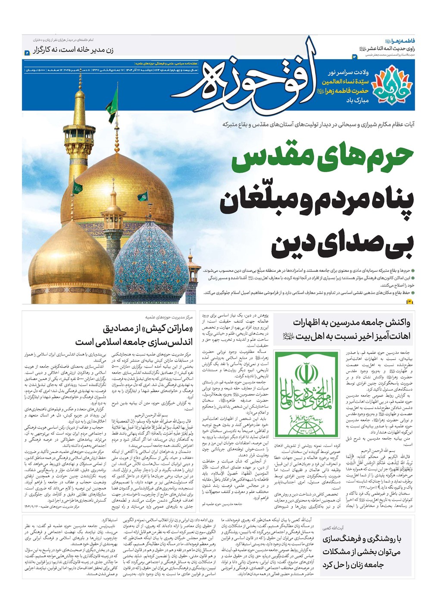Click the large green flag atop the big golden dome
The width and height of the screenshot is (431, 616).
tap(78, 188)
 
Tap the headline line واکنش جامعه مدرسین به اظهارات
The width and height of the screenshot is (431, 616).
tap(351, 323)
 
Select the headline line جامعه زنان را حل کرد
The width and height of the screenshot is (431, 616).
tap(361, 565)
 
